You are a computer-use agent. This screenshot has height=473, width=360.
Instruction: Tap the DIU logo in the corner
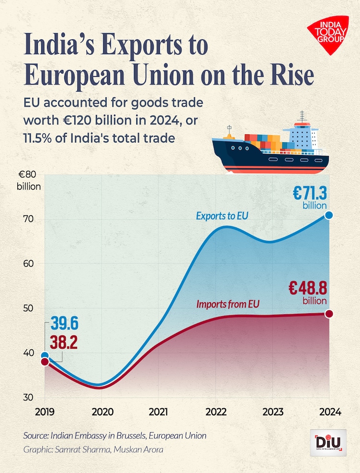[x=328, y=441]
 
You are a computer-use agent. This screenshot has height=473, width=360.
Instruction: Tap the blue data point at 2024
[x=329, y=215]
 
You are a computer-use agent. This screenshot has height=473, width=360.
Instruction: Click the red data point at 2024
[x=329, y=314]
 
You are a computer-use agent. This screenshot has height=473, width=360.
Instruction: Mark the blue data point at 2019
[x=45, y=356]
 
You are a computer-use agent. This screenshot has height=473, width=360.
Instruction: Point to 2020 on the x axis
[x=102, y=412]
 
